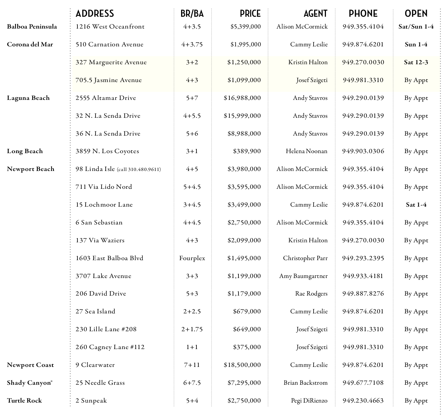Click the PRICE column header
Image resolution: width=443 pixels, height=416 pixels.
(x=250, y=13)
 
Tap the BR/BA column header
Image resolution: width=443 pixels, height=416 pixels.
(x=192, y=13)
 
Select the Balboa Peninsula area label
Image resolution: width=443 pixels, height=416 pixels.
(x=32, y=27)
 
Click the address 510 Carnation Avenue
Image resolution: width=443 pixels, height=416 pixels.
(x=109, y=44)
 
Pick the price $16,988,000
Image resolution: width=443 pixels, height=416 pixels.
(x=242, y=98)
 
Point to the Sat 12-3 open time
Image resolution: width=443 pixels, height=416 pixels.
(x=416, y=62)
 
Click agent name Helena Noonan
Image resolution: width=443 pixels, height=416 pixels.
(x=306, y=151)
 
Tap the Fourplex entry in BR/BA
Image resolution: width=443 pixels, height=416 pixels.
(x=192, y=258)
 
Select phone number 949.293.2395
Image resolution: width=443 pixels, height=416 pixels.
(x=363, y=258)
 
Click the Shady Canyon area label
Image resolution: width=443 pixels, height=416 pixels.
(x=29, y=383)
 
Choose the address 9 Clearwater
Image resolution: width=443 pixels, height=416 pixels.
(x=95, y=365)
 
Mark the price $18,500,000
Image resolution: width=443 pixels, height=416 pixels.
(x=242, y=365)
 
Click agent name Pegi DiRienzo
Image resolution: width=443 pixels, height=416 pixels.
(x=309, y=401)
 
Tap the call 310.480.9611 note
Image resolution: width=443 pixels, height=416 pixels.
(x=139, y=169)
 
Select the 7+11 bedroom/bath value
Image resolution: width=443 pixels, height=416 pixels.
(x=192, y=365)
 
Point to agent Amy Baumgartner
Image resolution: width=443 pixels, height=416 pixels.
(x=303, y=276)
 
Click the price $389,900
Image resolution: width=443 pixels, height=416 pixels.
(x=247, y=151)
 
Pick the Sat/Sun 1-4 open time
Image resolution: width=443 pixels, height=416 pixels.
(x=416, y=27)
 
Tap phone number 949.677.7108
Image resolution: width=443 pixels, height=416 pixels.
(x=363, y=383)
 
